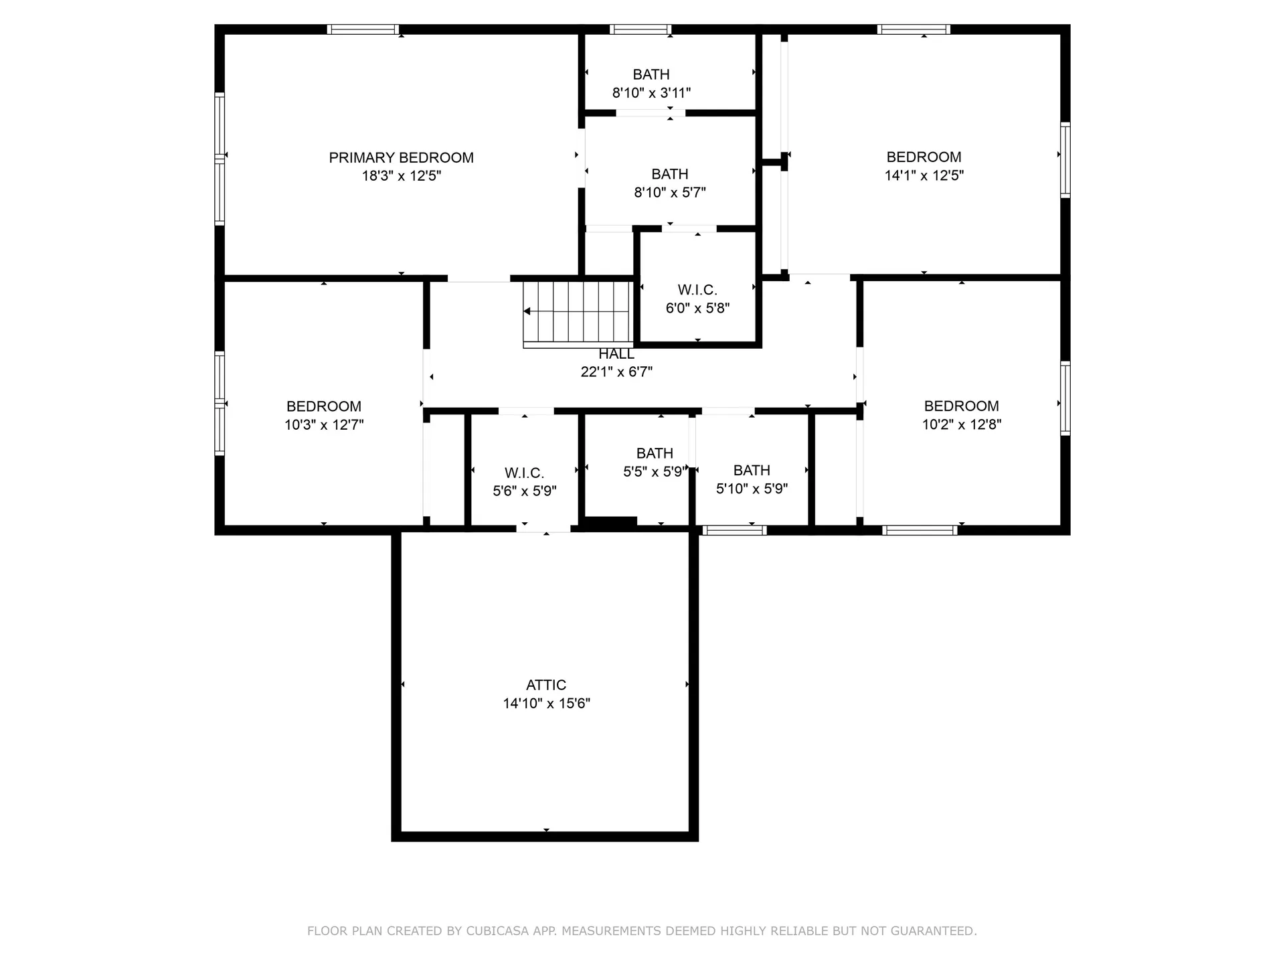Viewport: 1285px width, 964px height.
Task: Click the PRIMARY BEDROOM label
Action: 401,158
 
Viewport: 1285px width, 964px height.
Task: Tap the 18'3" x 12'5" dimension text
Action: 401,176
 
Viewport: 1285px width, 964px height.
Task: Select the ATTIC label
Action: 546,685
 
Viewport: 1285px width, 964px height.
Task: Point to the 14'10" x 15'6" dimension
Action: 546,704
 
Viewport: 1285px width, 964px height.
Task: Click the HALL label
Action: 616,354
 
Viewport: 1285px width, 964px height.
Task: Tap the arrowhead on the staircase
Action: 527,311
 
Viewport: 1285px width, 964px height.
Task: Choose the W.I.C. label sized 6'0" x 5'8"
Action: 697,290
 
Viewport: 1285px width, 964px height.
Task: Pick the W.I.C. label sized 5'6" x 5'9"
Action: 524,473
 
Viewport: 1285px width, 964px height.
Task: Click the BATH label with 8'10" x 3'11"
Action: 651,74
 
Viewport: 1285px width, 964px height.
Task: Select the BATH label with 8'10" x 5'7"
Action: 670,174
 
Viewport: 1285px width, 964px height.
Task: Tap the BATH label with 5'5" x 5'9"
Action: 655,453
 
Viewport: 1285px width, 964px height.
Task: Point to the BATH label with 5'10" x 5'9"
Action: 752,470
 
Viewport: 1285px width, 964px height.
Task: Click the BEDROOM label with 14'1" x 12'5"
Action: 924,157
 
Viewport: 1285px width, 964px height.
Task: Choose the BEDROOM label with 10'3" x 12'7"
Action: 324,406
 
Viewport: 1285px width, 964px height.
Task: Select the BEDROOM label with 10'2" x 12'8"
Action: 961,406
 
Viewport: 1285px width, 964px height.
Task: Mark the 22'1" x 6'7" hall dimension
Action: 616,372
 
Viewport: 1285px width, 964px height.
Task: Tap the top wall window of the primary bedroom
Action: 363,29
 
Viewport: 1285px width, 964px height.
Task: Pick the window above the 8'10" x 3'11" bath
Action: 640,29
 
